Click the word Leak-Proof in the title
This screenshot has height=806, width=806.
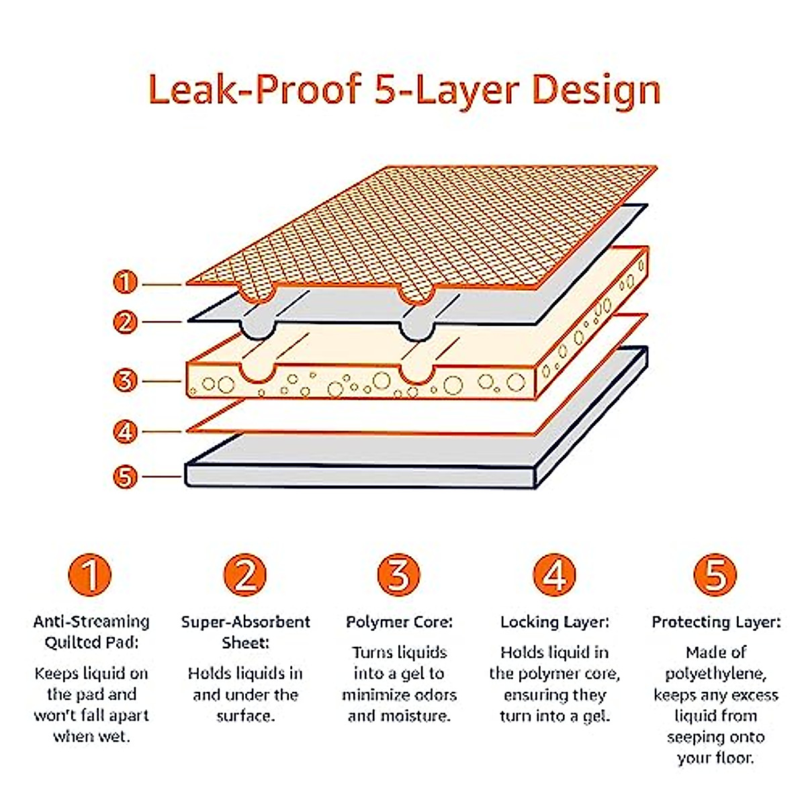click(255, 89)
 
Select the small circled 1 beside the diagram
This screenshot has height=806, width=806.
click(126, 282)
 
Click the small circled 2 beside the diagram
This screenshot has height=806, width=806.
click(126, 322)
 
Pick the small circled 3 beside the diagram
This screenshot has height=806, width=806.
click(126, 381)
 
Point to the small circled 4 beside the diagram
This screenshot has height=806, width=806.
click(126, 431)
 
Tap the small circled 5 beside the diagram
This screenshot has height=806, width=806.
click(126, 478)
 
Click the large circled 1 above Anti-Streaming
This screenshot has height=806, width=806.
click(90, 575)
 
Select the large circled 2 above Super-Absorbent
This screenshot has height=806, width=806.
click(245, 575)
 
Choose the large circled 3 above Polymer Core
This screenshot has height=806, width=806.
click(399, 575)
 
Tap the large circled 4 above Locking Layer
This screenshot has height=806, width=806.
click(554, 575)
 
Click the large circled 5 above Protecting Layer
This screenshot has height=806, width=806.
click(715, 575)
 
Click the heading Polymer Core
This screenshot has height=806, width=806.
click(399, 623)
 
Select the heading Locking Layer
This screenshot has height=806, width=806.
click(554, 623)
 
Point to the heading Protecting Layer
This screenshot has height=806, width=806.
click(716, 623)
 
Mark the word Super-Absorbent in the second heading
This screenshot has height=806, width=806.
click(245, 622)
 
